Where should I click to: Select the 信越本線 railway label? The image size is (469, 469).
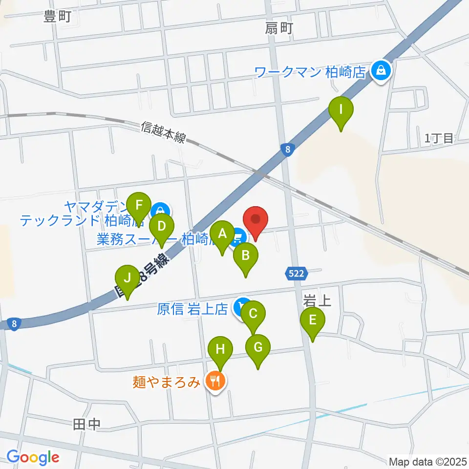[x=163, y=132]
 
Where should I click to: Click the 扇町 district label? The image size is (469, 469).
[x=279, y=29]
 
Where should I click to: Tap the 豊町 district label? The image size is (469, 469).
[x=57, y=17]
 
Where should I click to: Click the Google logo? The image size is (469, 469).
[x=33, y=458]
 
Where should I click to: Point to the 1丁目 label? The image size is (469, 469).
[x=439, y=139]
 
